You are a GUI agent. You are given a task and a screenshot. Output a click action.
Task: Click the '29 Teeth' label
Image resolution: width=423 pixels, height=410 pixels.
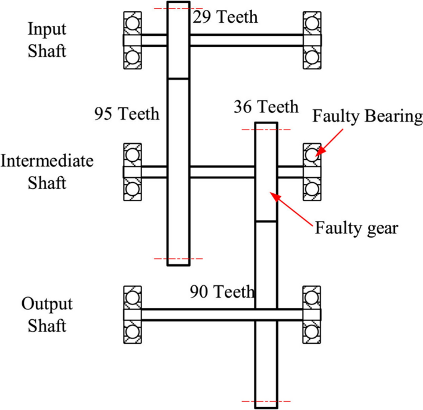click(224, 17)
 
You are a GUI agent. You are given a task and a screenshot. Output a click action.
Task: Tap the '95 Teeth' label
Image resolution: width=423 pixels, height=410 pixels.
click(127, 114)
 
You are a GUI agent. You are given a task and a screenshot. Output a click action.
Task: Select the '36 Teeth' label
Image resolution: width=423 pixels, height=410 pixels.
click(266, 107)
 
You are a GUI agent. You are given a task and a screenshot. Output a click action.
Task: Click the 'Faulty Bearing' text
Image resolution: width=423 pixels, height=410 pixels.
click(367, 116)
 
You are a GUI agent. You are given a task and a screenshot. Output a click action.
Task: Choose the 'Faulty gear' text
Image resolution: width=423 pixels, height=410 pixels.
click(358, 227)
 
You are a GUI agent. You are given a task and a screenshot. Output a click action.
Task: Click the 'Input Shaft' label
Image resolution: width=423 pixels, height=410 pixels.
click(46, 39)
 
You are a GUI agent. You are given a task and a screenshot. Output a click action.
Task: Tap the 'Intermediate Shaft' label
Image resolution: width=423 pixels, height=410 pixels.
click(46, 172)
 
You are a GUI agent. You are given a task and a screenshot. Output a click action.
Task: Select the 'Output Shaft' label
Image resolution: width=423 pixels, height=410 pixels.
click(47, 315)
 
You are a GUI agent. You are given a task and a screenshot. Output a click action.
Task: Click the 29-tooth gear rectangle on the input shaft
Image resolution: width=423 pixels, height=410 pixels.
click(178, 40)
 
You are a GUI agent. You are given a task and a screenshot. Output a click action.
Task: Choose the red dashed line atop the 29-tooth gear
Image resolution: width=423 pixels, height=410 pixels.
click(178, 8)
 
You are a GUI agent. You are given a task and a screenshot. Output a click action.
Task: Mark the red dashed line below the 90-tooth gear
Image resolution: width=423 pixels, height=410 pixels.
click(266, 401)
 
